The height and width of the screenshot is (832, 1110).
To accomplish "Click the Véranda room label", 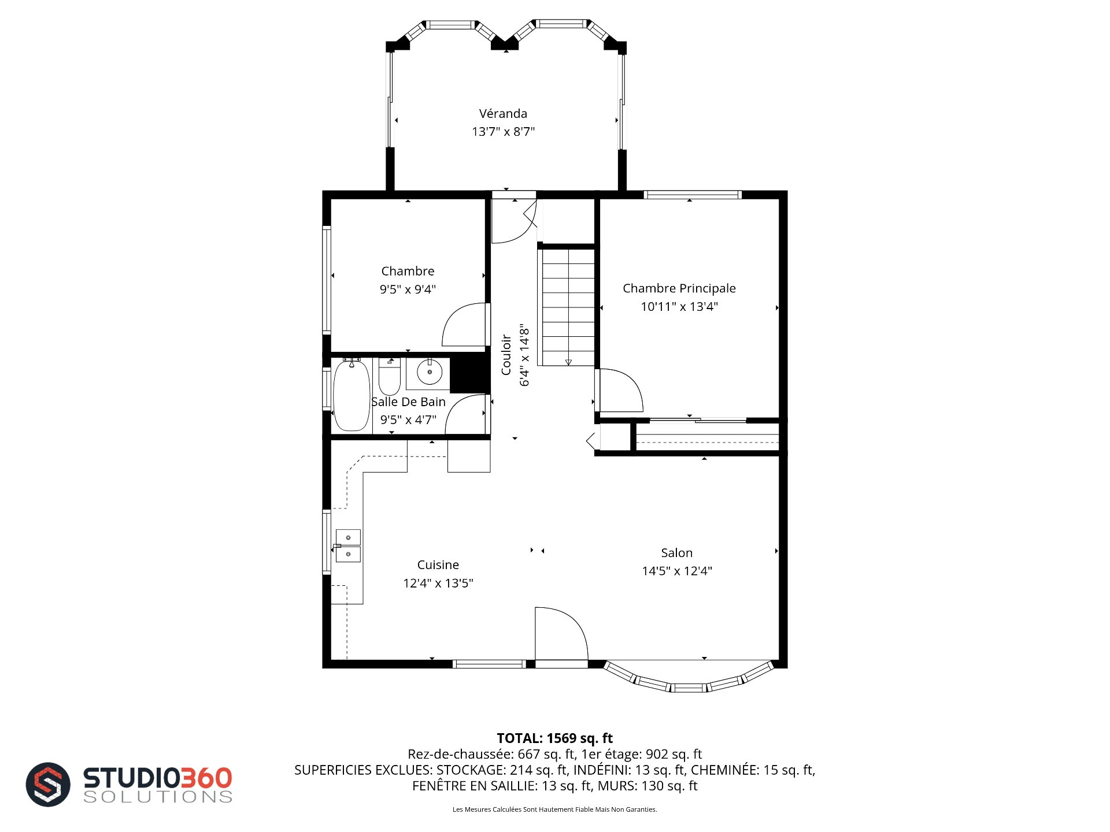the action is tap(503, 113).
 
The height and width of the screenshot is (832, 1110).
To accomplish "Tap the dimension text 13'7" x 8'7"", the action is tap(503, 132).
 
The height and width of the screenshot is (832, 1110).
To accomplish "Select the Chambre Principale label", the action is tap(679, 288).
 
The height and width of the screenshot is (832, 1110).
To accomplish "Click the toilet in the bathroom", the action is tap(390, 377).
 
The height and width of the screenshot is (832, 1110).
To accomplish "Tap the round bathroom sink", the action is tap(430, 372).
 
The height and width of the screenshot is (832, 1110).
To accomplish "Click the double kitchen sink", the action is tap(348, 546).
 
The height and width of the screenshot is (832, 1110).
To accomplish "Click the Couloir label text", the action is tap(506, 355).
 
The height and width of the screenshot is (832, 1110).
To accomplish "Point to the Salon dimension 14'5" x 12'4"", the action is tap(677, 571).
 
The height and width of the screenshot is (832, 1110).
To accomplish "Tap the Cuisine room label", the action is tap(438, 565).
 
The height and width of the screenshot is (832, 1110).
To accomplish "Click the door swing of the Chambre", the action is tap(464, 325).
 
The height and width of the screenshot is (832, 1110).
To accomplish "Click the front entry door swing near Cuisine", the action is tap(561, 633).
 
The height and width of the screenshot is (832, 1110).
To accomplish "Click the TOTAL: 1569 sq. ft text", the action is tap(555, 738).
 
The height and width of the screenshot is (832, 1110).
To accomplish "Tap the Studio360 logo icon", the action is tap(48, 785).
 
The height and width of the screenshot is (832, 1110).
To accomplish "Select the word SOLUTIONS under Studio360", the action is tap(158, 797).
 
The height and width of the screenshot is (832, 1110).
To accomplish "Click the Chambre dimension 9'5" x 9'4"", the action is tap(408, 289).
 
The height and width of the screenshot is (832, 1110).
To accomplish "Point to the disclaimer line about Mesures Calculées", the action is tap(555, 809).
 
